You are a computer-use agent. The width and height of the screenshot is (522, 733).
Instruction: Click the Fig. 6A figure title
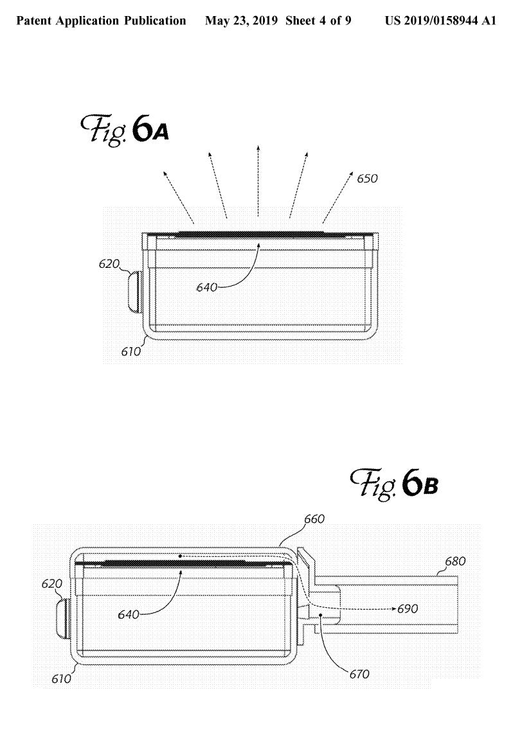pos(125,130)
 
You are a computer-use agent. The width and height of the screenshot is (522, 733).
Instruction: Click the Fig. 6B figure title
pos(394,484)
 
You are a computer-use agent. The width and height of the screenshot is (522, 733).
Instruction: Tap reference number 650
pos(367,179)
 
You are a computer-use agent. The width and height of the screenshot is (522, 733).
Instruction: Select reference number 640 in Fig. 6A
pos(207,287)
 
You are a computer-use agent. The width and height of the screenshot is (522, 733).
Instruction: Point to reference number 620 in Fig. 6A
pos(109,263)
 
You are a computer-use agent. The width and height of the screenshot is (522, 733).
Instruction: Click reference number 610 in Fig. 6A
pos(131,351)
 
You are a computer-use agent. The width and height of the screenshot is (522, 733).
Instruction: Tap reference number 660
pos(314,519)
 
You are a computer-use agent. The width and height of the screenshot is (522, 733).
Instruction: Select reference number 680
pos(455,561)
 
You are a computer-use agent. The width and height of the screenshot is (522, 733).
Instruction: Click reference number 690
pos(408,608)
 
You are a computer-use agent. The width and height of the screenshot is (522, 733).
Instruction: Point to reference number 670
pos(359,674)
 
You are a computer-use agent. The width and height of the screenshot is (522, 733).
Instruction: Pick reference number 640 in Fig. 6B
pos(129,614)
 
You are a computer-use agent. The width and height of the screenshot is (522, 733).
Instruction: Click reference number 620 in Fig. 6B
pos(52,583)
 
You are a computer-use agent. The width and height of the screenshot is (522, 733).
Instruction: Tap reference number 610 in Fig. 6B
pos(61,678)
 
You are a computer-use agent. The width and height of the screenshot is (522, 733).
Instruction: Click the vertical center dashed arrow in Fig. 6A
pos(258,181)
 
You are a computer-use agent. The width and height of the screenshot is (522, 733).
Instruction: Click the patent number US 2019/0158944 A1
pos(440,21)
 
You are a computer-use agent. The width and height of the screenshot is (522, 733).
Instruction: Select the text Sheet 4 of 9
pos(318,21)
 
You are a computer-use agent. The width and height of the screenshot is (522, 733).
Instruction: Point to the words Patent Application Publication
pos(101,21)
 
